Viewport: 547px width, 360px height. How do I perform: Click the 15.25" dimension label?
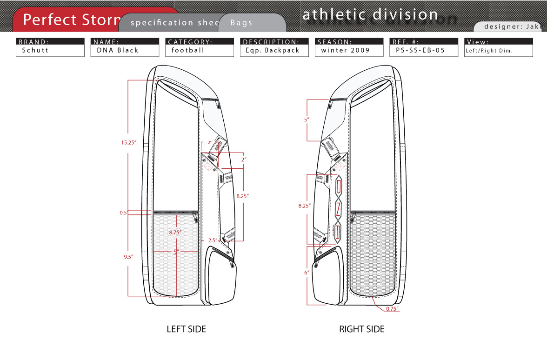(128, 143)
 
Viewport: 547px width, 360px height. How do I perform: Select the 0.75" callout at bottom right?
(392, 308)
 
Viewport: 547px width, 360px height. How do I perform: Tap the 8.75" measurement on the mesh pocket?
(175, 232)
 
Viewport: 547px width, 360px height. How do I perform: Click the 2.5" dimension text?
(212, 240)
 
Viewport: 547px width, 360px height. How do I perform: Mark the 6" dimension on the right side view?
(307, 273)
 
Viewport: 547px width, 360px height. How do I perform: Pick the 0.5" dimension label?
(124, 213)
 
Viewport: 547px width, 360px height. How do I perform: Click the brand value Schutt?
(35, 50)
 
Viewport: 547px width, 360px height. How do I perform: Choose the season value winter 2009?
(345, 50)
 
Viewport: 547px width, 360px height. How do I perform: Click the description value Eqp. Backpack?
(273, 50)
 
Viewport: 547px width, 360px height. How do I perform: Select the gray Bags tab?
(242, 22)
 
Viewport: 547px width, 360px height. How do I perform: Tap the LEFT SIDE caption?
(186, 329)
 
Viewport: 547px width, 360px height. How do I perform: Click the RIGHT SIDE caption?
(362, 329)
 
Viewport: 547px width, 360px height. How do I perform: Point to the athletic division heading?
(370, 14)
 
